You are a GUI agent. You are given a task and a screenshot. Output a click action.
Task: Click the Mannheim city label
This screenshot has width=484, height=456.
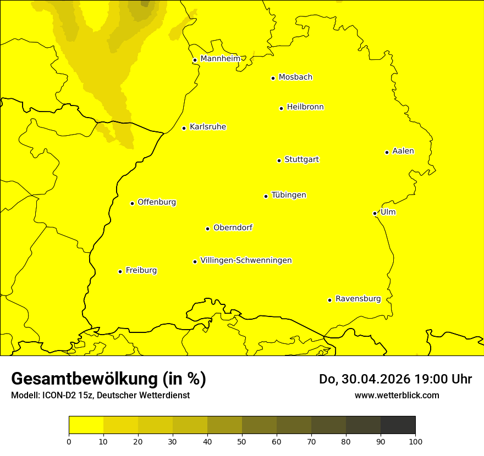[220, 59]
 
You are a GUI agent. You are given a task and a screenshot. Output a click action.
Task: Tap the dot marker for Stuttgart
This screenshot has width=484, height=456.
[279, 160]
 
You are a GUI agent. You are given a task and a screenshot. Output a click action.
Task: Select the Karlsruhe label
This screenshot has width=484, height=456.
[208, 127]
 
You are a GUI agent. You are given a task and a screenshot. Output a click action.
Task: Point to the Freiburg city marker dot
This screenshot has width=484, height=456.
[120, 271]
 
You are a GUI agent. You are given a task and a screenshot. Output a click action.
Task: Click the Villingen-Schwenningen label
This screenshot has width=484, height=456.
[246, 260]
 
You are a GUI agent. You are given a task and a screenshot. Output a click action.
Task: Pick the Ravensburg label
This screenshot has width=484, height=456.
[358, 299]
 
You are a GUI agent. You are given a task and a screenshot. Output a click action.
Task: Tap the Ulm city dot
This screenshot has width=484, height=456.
[375, 213]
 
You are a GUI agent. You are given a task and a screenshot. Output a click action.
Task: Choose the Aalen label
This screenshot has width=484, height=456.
[403, 151]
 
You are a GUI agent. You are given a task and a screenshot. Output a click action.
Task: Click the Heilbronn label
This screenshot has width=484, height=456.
[305, 107]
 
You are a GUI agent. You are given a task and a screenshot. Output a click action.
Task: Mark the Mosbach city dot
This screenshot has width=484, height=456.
[273, 78]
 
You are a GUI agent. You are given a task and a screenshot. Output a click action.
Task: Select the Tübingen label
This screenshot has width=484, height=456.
[289, 195]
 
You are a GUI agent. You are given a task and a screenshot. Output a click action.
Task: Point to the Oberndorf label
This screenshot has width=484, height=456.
[233, 227]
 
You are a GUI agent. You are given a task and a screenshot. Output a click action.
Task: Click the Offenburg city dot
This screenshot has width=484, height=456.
[132, 203]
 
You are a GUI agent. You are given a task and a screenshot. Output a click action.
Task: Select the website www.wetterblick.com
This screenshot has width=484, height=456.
[397, 395]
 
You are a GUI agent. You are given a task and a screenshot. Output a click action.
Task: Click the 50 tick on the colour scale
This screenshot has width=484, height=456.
[242, 441]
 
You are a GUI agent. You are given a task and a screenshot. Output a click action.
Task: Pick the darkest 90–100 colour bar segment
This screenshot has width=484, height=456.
[398, 425]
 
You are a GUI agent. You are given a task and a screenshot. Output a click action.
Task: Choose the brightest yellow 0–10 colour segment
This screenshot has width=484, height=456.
[86, 425]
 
